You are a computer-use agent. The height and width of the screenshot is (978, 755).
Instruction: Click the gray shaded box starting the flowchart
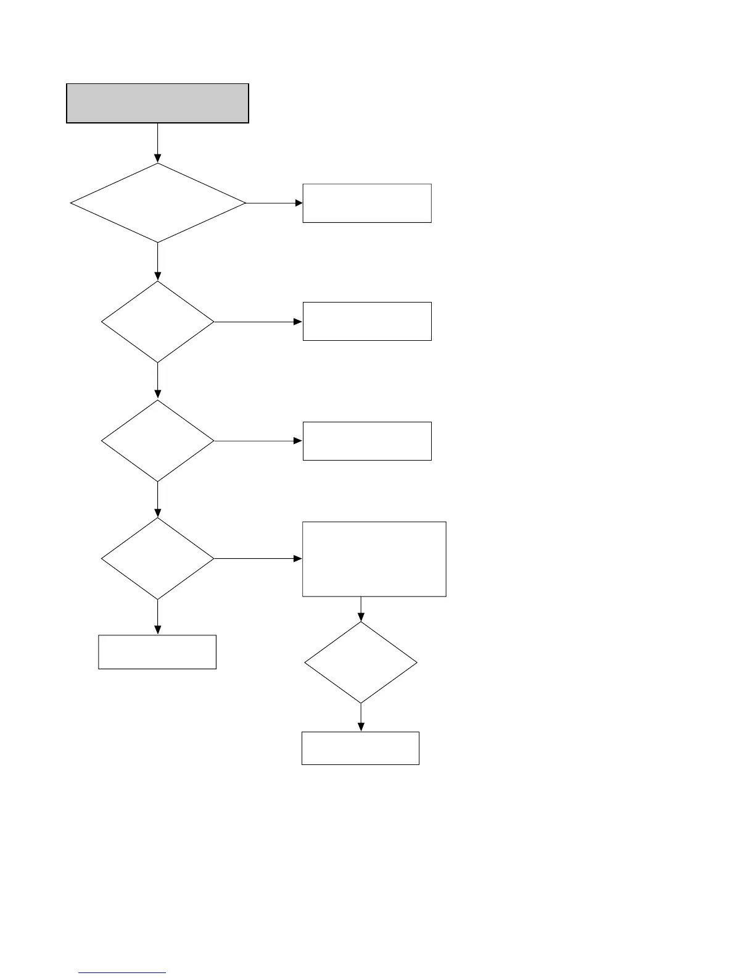pyautogui.click(x=157, y=103)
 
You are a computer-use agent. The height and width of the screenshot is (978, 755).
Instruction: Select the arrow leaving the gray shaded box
pyautogui.click(x=157, y=143)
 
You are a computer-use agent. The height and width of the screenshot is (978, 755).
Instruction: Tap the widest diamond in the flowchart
pyautogui.click(x=158, y=203)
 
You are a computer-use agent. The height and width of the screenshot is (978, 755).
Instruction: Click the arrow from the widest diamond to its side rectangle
pyautogui.click(x=274, y=203)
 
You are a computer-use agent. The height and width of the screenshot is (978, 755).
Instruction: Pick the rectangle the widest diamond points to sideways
pyautogui.click(x=366, y=203)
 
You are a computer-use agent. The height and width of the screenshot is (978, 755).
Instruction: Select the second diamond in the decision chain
pyautogui.click(x=157, y=322)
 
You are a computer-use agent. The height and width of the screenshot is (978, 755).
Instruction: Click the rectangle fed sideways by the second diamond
pyautogui.click(x=366, y=321)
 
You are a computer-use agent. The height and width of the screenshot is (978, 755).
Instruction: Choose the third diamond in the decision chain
pyautogui.click(x=157, y=441)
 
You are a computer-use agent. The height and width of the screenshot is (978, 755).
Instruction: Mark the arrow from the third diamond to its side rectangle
pyautogui.click(x=258, y=441)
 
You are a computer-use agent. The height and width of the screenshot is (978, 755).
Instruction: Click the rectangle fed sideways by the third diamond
pyautogui.click(x=366, y=441)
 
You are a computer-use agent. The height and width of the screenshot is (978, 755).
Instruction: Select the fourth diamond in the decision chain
pyautogui.click(x=157, y=559)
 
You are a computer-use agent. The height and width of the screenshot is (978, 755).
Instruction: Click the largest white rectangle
pyautogui.click(x=374, y=559)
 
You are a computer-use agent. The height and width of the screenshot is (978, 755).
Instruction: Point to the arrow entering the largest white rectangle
pyautogui.click(x=258, y=559)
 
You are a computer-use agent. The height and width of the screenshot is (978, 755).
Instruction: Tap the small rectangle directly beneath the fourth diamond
pyautogui.click(x=157, y=651)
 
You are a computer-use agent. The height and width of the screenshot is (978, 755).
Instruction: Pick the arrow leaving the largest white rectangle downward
pyautogui.click(x=361, y=609)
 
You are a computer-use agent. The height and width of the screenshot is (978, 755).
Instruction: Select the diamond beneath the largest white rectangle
pyautogui.click(x=361, y=662)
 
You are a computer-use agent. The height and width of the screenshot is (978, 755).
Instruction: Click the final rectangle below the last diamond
pyautogui.click(x=360, y=748)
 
